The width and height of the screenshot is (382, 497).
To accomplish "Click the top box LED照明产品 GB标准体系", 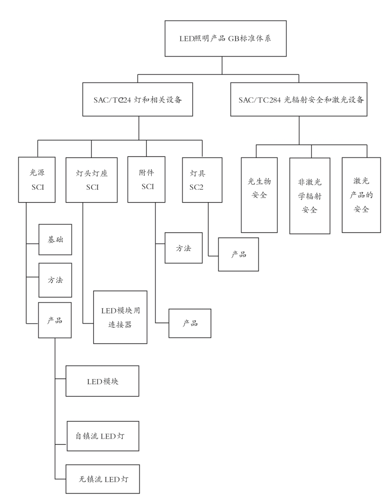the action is pos(226,38).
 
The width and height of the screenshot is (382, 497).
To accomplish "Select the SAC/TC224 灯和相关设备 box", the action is pos(137,100).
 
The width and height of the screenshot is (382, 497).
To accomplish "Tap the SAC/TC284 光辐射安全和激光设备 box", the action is pos(299,100).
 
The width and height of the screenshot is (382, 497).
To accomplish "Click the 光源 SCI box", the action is pos(37,180).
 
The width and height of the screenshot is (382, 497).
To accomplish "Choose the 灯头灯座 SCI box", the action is pos(92,180).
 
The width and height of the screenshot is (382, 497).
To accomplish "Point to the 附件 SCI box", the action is pos(146,180).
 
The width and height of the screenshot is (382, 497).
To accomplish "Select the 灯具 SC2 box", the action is pos(202,180).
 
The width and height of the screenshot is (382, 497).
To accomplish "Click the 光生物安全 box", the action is pos(259,195).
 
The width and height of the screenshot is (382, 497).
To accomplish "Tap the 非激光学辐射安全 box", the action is pos(310,196).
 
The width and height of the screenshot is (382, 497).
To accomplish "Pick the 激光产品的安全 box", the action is pos(361,195).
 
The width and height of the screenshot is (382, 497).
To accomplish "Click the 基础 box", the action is pos(55,240).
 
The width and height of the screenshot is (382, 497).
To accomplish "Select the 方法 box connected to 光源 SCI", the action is pos(55,280).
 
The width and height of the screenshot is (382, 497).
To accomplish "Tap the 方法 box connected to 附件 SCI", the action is pos(184,248).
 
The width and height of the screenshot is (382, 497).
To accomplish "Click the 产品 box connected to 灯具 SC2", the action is pos(238,254).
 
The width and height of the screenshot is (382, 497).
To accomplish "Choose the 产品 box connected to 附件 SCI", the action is pos(190,323).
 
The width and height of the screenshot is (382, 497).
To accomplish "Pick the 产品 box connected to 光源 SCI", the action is pos(55,320).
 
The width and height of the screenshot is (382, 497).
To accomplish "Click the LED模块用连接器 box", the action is pos(120,317).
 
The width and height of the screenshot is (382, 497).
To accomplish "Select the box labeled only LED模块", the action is pos(103,381).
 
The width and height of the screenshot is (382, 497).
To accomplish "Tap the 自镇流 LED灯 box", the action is pos(103,436).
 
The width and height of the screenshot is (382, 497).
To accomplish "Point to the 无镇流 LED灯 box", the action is pos(103,479).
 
